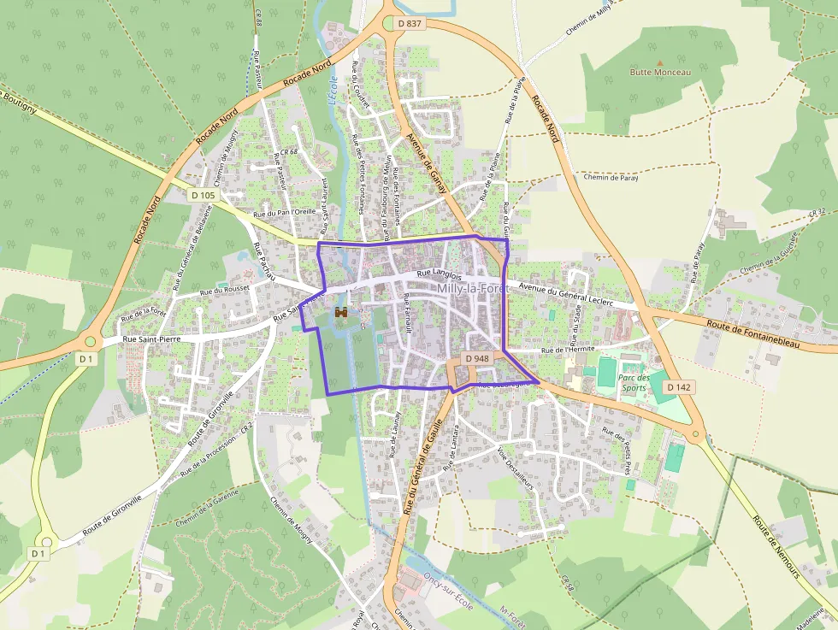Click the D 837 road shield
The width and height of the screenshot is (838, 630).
point(410,23)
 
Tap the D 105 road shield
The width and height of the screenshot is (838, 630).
point(204,196)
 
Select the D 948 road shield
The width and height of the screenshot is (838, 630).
point(477,358)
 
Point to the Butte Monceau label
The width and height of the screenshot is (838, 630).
point(659,73)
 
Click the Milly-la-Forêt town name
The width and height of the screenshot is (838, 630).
point(472,290)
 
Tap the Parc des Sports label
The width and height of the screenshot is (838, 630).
point(633,382)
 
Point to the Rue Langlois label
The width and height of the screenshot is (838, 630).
point(440,274)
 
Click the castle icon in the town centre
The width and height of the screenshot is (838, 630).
point(341,313)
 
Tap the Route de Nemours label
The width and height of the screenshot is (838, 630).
point(775,546)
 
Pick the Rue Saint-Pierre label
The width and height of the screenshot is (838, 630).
point(154,339)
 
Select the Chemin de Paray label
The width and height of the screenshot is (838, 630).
point(611,178)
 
